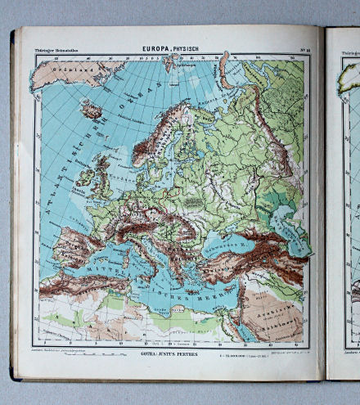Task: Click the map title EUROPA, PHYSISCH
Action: [x=168, y=47]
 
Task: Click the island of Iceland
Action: [x=92, y=109]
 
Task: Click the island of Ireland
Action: [x=85, y=176]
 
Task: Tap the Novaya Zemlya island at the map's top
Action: [x=226, y=70]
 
